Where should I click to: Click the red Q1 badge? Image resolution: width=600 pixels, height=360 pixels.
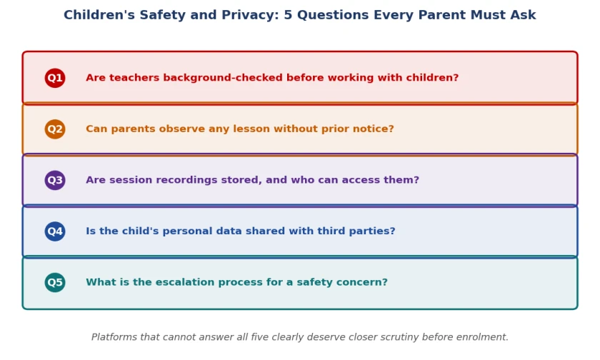(x=55, y=78)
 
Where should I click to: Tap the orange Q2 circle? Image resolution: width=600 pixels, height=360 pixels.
(x=55, y=129)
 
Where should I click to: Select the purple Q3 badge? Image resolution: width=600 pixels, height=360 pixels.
(x=55, y=180)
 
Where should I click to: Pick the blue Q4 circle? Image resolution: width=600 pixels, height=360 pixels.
(x=55, y=231)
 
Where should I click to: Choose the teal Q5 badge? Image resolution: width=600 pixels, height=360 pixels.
(x=55, y=282)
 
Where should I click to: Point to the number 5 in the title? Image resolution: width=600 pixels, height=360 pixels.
(x=288, y=15)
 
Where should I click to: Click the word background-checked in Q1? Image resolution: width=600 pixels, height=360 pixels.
(x=223, y=78)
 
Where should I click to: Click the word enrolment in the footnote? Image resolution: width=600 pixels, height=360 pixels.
(x=487, y=337)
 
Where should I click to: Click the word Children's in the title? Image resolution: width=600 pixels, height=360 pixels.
(x=99, y=15)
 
